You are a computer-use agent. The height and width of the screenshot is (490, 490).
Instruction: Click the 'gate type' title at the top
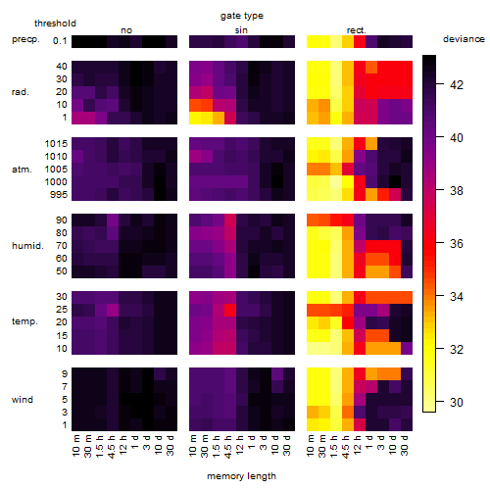242,16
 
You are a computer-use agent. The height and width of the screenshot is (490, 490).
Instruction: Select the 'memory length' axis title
241,476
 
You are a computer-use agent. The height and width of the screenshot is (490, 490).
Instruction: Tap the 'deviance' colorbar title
464,39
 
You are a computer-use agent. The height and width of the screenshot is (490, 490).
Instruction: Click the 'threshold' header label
55,24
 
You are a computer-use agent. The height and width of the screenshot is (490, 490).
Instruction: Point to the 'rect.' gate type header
357,30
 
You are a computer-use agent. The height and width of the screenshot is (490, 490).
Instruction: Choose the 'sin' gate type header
241,30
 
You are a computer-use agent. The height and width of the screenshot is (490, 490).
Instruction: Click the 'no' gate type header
126,30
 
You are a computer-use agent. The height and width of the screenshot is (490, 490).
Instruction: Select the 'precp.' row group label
25,39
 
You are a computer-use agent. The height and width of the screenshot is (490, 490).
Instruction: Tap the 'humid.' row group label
27,246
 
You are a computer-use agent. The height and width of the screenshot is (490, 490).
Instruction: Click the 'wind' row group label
23,400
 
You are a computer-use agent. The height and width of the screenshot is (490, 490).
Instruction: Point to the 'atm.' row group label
22,170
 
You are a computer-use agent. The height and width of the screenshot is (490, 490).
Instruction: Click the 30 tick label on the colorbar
457,402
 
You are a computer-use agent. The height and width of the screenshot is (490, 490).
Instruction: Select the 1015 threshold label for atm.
56,144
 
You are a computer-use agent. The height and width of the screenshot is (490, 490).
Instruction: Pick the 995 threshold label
59,195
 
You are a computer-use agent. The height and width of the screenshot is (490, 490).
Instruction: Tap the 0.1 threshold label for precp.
60,41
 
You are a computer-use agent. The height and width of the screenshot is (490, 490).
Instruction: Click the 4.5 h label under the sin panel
228,446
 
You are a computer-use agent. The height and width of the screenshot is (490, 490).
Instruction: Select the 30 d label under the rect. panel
405,445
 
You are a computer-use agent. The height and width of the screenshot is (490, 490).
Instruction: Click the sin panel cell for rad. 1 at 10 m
195,118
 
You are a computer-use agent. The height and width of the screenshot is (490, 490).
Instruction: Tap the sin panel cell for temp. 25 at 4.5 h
230,310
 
